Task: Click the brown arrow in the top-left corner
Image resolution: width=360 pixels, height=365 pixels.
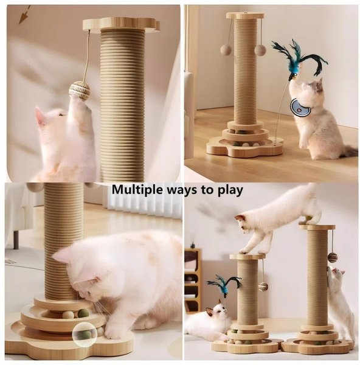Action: pyautogui.click(x=25, y=15)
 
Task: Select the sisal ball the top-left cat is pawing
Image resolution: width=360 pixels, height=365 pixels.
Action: pyautogui.click(x=79, y=91)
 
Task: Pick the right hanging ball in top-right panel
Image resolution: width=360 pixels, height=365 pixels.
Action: pyautogui.click(x=260, y=50)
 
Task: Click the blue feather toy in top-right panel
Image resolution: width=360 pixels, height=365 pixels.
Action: pyautogui.click(x=299, y=60)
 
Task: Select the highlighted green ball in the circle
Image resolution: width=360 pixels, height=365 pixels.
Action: pyautogui.click(x=85, y=334)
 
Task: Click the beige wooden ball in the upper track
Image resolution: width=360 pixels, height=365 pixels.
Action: pyautogui.click(x=69, y=315)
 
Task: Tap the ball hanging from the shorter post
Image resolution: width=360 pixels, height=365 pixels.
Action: pyautogui.click(x=263, y=287)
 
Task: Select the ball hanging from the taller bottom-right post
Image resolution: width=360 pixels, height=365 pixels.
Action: pyautogui.click(x=333, y=257)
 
